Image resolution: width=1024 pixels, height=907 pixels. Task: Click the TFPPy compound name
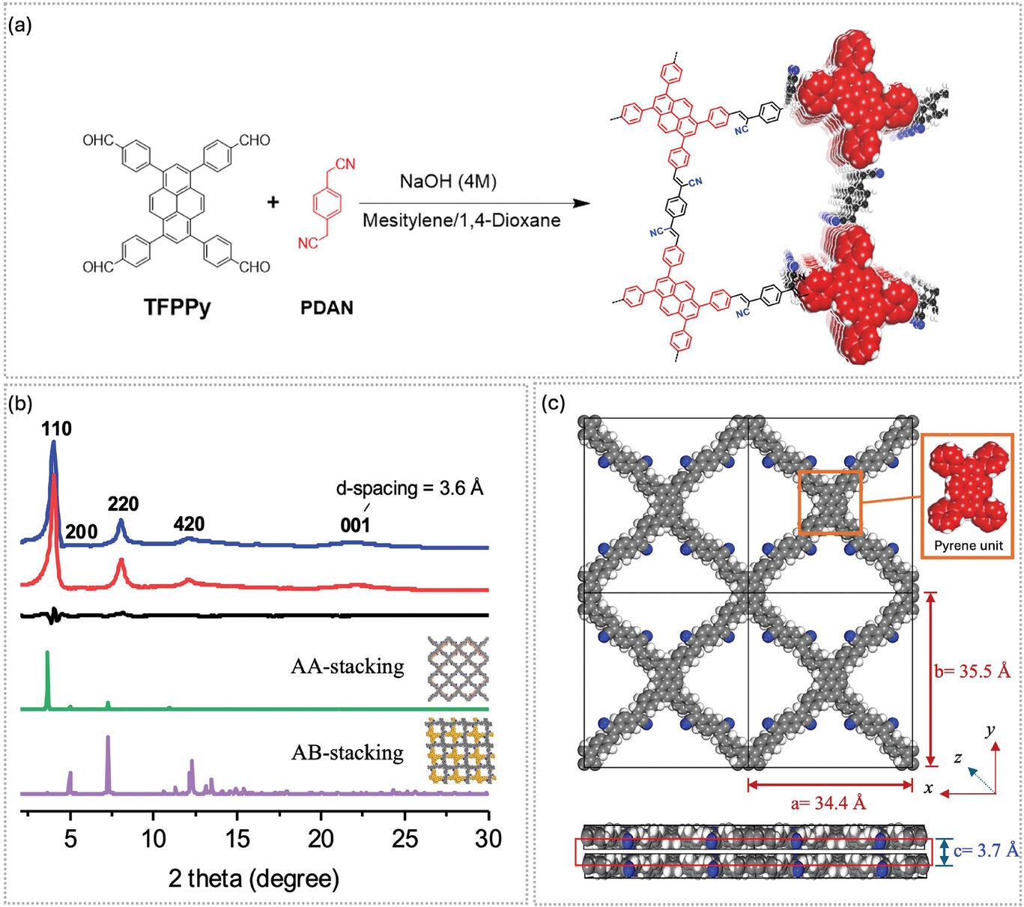click(x=177, y=307)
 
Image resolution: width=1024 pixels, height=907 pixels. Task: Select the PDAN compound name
click(x=327, y=308)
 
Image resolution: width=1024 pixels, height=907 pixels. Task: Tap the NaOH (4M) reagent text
click(x=448, y=181)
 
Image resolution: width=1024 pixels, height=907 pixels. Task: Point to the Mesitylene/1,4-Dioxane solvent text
click(x=461, y=220)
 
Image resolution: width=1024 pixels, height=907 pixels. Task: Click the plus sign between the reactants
click(x=273, y=202)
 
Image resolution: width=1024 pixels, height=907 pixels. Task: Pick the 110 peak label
click(x=56, y=429)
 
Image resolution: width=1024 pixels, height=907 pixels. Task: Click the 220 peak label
click(x=123, y=504)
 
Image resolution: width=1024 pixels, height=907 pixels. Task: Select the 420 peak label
click(x=189, y=524)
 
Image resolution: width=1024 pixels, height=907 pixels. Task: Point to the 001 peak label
click(x=355, y=526)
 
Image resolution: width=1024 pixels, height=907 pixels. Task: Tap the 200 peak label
click(x=82, y=532)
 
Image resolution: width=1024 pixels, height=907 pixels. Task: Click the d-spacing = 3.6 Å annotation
click(x=410, y=488)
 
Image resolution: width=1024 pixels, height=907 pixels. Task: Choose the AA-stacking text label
click(x=348, y=667)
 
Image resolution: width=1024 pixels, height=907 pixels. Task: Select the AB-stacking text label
click(x=348, y=753)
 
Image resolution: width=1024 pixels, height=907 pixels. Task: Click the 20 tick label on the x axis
click(x=321, y=840)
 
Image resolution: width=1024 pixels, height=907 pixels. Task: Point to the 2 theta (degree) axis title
click(x=254, y=879)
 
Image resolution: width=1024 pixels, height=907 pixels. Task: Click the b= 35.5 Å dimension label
click(x=972, y=672)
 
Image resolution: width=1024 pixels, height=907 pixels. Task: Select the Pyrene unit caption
click(x=968, y=546)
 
